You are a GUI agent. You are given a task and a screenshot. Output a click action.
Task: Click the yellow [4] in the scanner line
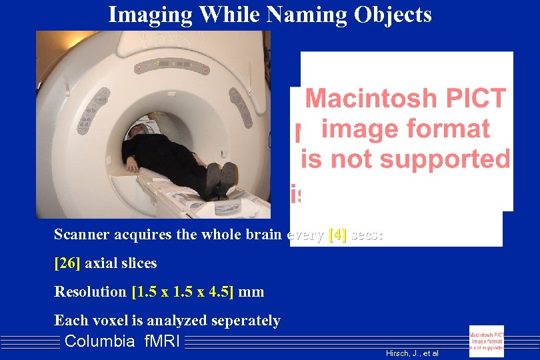(x=337, y=235)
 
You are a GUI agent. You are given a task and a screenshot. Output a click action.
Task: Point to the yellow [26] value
(x=67, y=263)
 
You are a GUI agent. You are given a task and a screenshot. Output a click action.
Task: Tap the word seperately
(x=245, y=321)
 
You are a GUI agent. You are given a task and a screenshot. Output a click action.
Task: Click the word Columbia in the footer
(x=99, y=342)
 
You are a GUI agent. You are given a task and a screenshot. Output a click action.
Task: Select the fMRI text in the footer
(x=162, y=342)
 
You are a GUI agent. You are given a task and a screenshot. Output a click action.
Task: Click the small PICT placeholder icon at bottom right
(x=487, y=341)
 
